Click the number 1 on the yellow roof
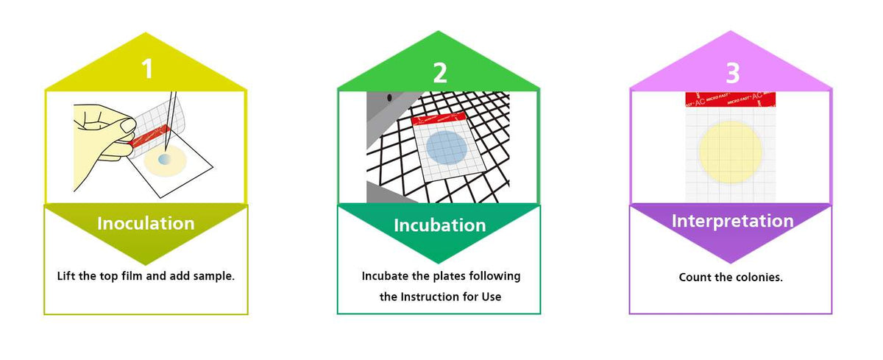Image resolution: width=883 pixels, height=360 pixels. pos(147,68)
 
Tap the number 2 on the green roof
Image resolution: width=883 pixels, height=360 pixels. pos(439,72)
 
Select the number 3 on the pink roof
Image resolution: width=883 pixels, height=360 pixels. pos(732,72)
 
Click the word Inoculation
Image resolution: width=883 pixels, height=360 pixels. pos(146,223)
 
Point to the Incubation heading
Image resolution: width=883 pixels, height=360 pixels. pos(439,225)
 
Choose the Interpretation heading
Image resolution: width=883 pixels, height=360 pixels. pos(732,221)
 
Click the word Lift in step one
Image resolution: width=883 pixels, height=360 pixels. pos(68,277)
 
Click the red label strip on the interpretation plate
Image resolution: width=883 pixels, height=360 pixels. pos(730,99)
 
